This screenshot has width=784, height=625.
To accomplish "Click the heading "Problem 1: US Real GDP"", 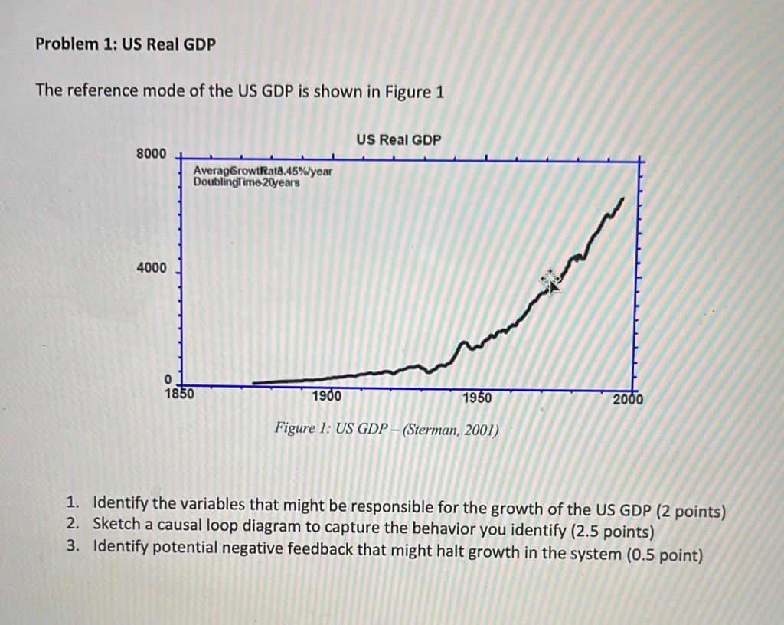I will pos(126,44).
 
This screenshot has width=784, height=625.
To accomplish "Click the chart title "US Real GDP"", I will pos(398,139).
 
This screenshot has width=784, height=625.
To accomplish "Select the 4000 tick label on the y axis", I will pos(151,268).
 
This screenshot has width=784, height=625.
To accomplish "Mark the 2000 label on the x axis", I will pos(629,399).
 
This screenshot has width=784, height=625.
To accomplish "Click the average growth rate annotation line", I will pos(263,171).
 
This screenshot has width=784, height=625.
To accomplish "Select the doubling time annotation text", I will pos(247,182).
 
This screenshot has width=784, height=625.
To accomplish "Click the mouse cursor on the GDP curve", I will pos(550,281).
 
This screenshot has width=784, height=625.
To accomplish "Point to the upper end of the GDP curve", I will pos(622,198).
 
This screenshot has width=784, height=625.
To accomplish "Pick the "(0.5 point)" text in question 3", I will pos(665,554).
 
